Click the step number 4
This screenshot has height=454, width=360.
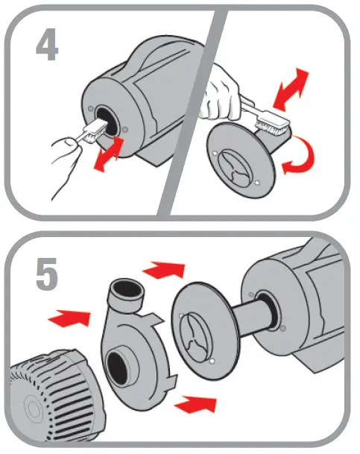click(x=47, y=45)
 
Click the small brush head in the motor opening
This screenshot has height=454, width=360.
click(x=90, y=134)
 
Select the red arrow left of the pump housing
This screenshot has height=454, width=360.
click(x=66, y=319)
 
